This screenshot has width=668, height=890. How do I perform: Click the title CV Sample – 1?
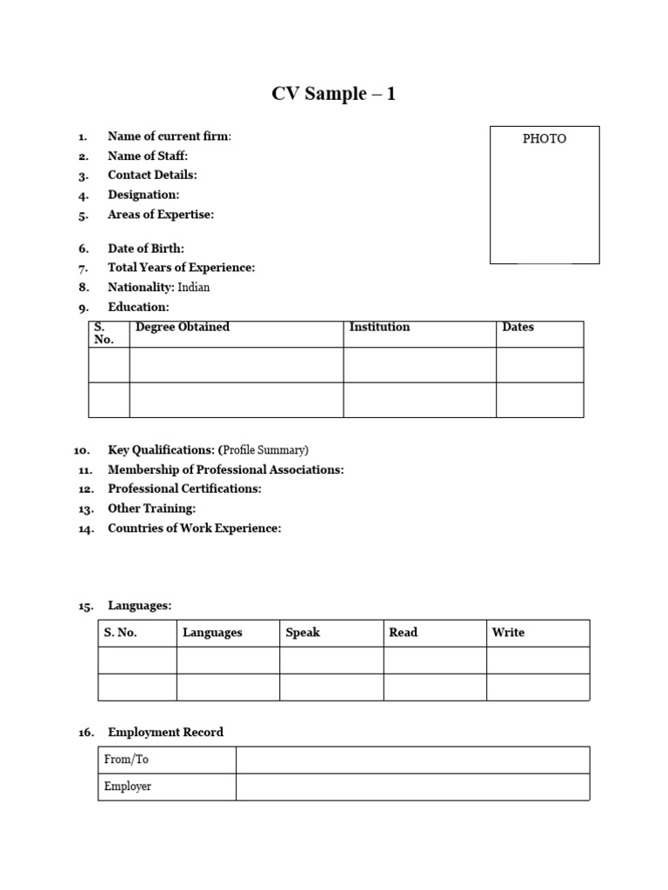333,94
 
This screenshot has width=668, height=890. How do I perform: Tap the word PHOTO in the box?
544,139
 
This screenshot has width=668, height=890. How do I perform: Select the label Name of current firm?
169,136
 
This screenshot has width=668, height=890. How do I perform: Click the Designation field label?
144,195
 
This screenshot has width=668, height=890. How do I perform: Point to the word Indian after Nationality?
194,287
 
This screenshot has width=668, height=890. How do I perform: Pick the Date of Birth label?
145,249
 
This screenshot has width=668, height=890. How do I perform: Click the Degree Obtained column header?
183,328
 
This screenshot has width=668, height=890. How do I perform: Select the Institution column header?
379,328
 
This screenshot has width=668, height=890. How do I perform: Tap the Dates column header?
518,328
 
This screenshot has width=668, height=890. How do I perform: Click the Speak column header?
303,633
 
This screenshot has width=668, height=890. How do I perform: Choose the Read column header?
404,633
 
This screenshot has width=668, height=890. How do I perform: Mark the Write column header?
508,633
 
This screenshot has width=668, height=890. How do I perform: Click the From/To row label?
126,760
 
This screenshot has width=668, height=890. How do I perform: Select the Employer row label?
128,787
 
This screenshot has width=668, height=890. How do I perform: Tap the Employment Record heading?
165,733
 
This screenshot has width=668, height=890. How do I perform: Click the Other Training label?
151,508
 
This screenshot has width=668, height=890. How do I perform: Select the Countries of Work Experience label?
194,528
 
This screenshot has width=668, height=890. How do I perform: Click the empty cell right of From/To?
412,760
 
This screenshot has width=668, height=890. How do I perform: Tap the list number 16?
85,734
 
